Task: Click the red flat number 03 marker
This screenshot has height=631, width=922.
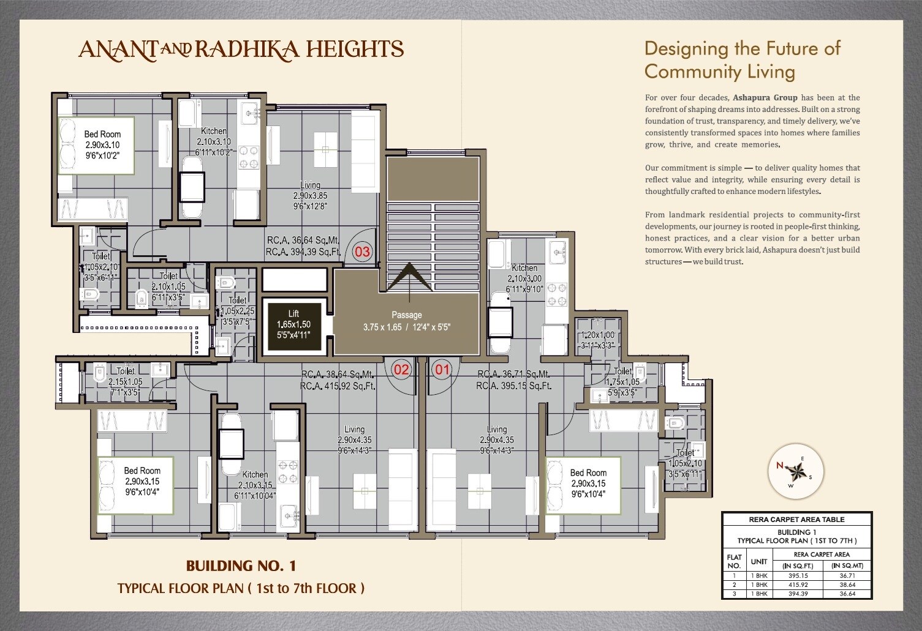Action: [363, 252]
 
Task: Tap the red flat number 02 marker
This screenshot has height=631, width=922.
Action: [401, 369]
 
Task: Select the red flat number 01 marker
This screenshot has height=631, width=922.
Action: [442, 369]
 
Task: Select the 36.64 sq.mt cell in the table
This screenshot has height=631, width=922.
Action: [847, 594]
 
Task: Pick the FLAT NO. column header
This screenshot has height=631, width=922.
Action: [734, 561]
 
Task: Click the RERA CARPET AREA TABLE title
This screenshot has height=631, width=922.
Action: [796, 520]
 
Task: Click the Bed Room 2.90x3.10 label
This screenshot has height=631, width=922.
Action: [102, 144]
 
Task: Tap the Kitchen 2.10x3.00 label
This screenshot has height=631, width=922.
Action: [524, 278]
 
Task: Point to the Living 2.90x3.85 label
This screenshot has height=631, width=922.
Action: [310, 195]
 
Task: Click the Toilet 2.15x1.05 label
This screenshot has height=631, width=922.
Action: [125, 381]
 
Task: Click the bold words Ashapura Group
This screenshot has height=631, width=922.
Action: [765, 97]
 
